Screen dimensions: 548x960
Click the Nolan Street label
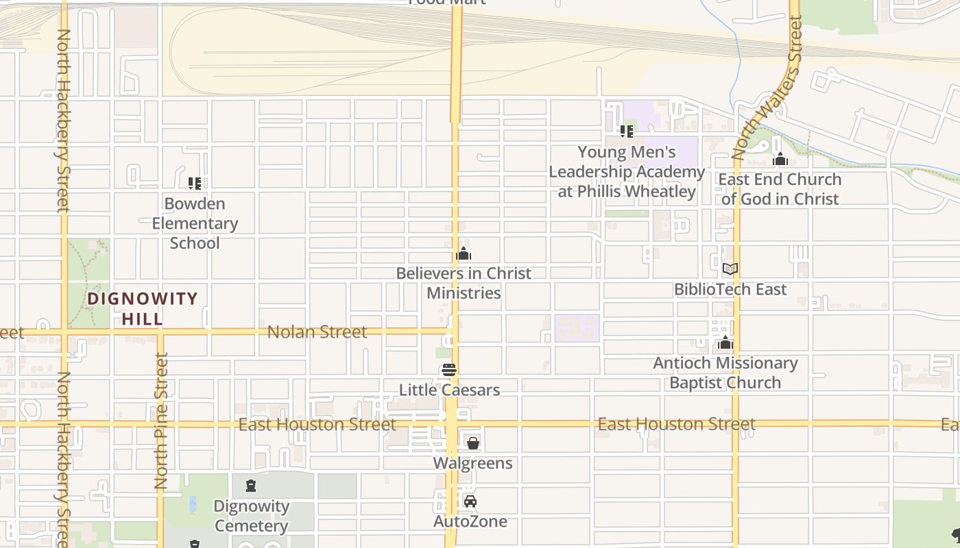317,332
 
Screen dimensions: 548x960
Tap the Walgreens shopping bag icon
472,443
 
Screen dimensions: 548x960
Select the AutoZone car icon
470,501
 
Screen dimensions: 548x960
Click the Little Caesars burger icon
449,371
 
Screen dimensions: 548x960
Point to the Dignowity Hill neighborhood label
143,308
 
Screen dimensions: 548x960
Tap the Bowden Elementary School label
195,223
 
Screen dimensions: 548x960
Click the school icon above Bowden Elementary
195,184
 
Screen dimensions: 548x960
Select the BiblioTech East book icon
730,269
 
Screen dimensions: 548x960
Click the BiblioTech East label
730,289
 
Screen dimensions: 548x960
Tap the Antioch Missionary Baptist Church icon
725,343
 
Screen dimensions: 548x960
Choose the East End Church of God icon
780,160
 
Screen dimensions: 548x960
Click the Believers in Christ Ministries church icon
464,254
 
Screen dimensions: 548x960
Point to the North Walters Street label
768,89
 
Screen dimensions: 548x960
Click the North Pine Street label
162,420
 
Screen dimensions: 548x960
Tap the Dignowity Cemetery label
251,516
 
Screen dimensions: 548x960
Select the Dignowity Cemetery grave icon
251,486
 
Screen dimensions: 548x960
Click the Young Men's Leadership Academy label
627,171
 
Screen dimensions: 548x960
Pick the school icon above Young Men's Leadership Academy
625,130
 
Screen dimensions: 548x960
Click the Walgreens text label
472,463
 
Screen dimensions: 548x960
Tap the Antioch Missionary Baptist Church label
725,373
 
